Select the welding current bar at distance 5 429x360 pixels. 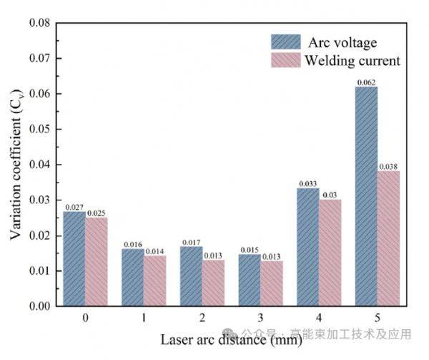pyautogui.click(x=388, y=238)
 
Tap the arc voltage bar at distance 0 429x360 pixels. pyautogui.click(x=74, y=258)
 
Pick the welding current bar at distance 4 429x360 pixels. pyautogui.click(x=330, y=253)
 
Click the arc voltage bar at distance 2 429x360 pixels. pyautogui.click(x=191, y=276)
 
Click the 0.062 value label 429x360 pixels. pyautogui.click(x=366, y=82)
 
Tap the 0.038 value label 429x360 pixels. pyautogui.click(x=389, y=167)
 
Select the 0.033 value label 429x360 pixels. pyautogui.click(x=307, y=184)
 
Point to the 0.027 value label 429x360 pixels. pyautogui.click(x=74, y=208)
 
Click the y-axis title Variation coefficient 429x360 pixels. pyautogui.click(x=16, y=165)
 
